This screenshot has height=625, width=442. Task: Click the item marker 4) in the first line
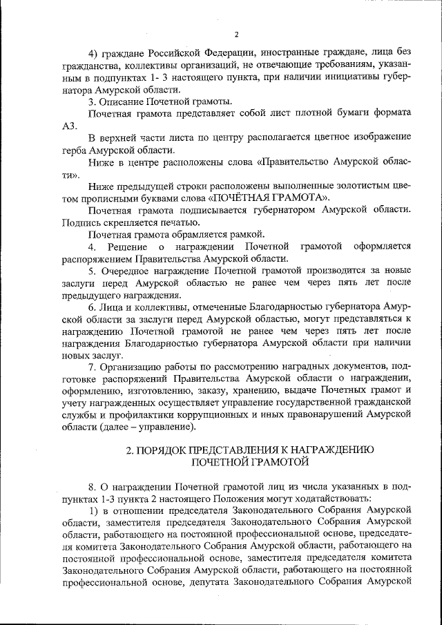[x=95, y=54]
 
